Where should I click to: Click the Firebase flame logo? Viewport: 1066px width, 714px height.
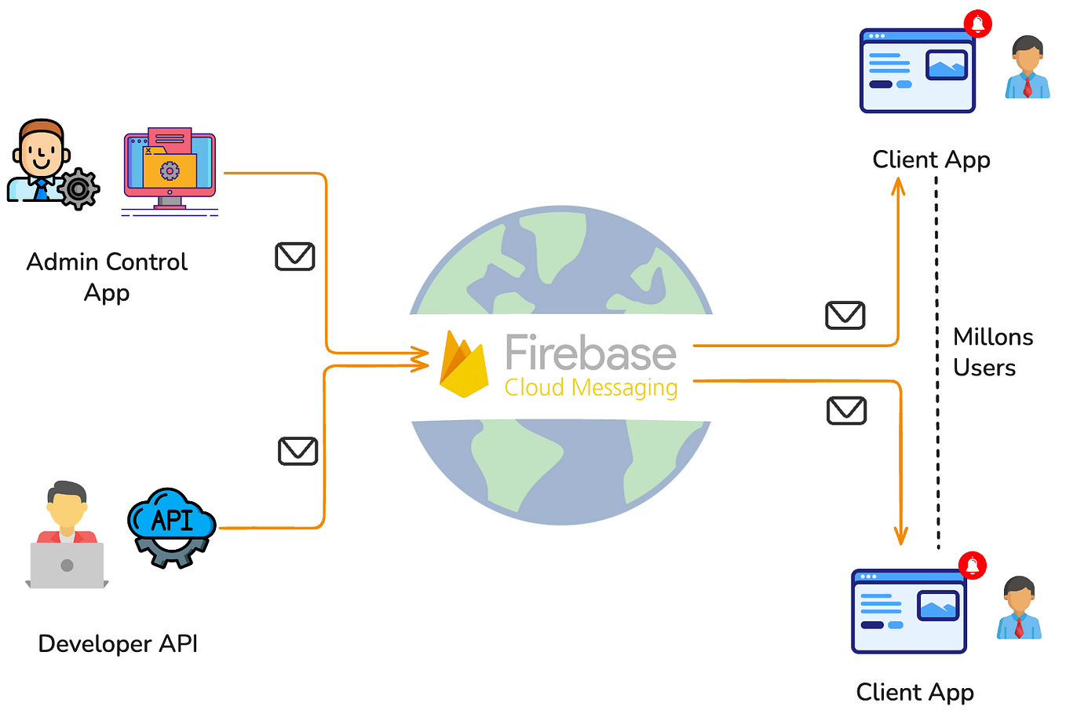click(x=464, y=364)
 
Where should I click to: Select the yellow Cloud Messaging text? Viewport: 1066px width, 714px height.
click(x=590, y=388)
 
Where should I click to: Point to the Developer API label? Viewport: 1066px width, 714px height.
click(x=118, y=644)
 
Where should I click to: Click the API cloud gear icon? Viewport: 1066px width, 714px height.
click(x=171, y=526)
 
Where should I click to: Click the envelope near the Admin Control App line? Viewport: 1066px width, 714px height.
click(x=295, y=257)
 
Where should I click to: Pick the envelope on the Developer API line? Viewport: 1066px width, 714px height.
click(x=298, y=451)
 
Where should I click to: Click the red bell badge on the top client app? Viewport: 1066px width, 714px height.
click(x=978, y=24)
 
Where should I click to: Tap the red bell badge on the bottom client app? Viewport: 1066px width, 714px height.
click(x=972, y=565)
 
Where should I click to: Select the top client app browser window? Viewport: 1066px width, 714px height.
click(x=917, y=71)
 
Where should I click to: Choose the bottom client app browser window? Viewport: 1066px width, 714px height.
click(x=909, y=612)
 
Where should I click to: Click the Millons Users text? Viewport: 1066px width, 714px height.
click(x=992, y=353)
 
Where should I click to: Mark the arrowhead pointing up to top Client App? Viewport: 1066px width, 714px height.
click(x=898, y=186)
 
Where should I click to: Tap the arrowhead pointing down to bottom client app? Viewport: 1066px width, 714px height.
click(x=901, y=536)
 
